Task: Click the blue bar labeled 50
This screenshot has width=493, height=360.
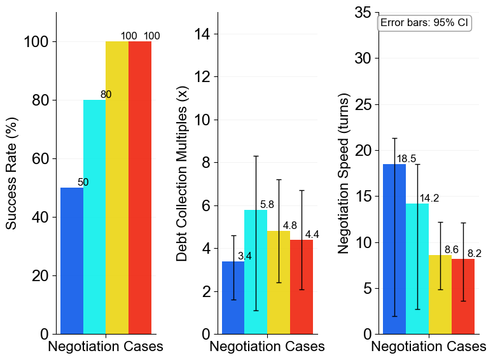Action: [72, 261]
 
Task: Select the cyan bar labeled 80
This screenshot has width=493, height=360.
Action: [94, 217]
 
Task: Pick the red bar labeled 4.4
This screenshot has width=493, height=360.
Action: [301, 287]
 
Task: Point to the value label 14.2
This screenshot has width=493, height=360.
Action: [429, 198]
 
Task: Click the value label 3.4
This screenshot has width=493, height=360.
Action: [245, 256]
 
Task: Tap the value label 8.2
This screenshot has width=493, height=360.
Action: [475, 254]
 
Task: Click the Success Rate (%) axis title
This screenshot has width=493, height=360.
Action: [11, 173]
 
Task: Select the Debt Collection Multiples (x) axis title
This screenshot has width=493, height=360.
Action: [182, 173]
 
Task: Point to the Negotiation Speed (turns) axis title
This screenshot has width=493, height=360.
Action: [344, 173]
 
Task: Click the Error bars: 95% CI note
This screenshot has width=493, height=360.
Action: [424, 23]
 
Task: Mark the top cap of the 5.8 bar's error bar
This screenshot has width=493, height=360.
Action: [256, 156]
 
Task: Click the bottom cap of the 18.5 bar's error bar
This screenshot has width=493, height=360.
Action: [394, 316]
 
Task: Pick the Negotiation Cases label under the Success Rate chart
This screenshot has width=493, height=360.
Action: [106, 347]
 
